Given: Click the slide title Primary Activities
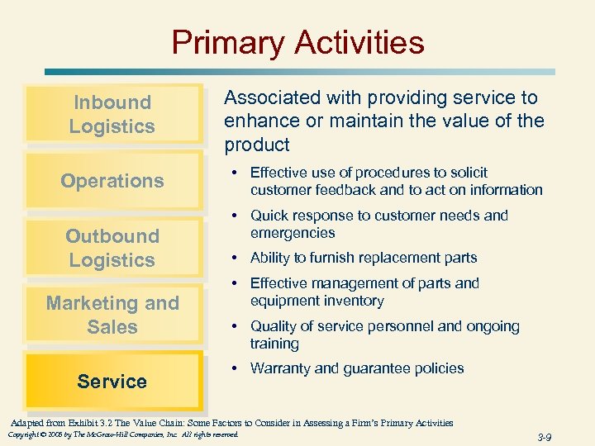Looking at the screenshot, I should pos(297,42).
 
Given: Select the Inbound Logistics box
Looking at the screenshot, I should pos(112,114).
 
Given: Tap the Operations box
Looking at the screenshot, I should pos(112,181).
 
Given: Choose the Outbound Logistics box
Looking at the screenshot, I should pos(112,248).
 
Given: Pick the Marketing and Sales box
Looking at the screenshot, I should pos(112,315).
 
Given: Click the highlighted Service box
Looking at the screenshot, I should pos(112,382).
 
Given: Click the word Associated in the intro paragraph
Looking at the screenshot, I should pos(269,97).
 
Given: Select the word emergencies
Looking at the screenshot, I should pos(293,233).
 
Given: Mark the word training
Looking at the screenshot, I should pos(274,344).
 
